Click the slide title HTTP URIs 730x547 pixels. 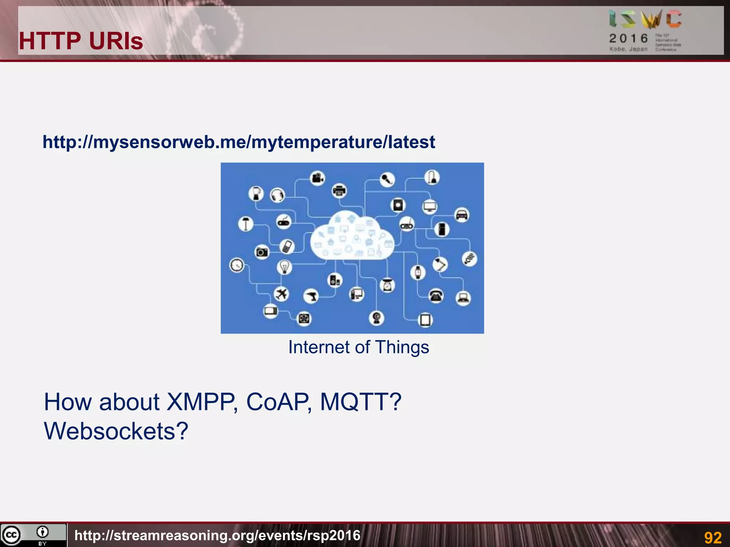click(x=81, y=41)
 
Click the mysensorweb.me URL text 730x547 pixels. click(x=239, y=142)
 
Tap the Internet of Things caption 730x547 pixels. click(x=359, y=347)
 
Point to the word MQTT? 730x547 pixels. click(x=361, y=402)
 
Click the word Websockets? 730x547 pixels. click(x=116, y=431)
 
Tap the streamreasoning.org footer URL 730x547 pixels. click(x=217, y=536)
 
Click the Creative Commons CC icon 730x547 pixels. click(x=11, y=535)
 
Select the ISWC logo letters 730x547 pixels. click(x=645, y=20)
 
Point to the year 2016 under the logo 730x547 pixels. click(x=628, y=38)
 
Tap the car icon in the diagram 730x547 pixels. click(x=462, y=215)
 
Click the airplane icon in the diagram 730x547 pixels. click(x=282, y=294)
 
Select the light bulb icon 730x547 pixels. click(x=284, y=267)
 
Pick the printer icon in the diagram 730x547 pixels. click(x=339, y=191)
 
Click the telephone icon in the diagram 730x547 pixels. click(x=436, y=296)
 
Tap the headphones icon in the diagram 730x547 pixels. click(x=277, y=195)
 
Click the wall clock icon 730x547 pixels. click(x=237, y=265)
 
